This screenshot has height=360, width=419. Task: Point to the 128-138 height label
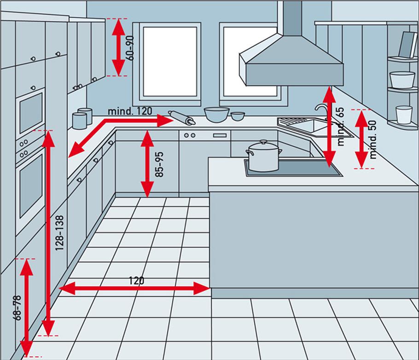point(59,233)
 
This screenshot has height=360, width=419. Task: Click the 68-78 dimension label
point(17,308)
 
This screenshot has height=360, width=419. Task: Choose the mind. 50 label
point(373,139)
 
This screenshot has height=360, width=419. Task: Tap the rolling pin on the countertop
point(181,117)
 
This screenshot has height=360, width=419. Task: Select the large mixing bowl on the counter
point(216,114)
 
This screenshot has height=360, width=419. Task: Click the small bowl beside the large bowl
point(238,116)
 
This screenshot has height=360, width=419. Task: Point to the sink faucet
point(321,110)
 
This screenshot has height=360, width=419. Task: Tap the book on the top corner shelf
point(407,45)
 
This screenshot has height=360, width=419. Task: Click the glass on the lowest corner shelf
point(404,115)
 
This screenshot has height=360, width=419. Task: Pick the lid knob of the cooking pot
point(263,143)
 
